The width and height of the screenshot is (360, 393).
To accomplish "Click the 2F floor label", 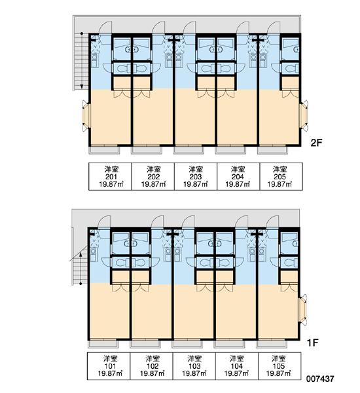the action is coord(316,143).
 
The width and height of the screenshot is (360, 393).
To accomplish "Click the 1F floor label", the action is coord(312,343).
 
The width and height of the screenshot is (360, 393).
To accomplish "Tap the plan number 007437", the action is coord(320,379).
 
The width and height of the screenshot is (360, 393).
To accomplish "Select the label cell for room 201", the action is coord(110,176).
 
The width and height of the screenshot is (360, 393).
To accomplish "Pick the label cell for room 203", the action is coord(196,176).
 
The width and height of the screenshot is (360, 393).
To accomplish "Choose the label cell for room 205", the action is coord(281,176).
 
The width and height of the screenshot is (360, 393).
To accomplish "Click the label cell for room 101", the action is coord(109,366).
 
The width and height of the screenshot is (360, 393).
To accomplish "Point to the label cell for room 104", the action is coord(237,366).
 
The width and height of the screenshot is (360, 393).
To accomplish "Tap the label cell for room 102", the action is coord(151,366).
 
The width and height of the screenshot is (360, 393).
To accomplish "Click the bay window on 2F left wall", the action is coord(86,116).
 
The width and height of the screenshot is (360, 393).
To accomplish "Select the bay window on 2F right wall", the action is coord(304,116).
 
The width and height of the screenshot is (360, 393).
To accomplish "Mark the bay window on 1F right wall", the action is coord(303,310).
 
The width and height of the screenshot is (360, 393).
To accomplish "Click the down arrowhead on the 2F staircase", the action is coord(82,86).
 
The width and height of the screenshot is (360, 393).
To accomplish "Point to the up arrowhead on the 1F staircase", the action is coord(81,255).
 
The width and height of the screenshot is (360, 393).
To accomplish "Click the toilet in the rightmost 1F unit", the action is coord(291,263).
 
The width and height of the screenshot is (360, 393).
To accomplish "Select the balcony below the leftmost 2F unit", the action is coord(104,150).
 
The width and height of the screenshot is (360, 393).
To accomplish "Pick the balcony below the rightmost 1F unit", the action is coord(272,344).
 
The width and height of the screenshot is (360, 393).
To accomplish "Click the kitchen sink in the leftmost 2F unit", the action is coord(94,57).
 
